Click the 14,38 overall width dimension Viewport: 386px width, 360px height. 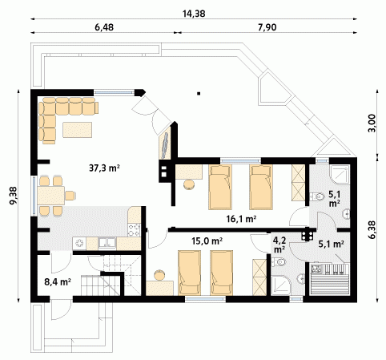click(194, 14)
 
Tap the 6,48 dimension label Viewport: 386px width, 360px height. click(104, 27)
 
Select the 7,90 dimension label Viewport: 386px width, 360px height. click(267, 27)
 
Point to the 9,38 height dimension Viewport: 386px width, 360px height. click(13, 196)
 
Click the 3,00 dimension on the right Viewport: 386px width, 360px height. click(372, 123)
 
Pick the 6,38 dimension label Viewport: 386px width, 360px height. click(372, 229)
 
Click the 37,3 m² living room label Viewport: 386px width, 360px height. click(104, 168)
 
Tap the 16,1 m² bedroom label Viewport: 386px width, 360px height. click(241, 219)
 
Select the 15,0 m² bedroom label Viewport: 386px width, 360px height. click(207, 241)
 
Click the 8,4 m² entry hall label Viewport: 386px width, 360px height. click(58, 281)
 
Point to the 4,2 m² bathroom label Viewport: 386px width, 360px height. click(279, 245)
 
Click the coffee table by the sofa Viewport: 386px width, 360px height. click(78, 130)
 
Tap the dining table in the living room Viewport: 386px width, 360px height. click(51, 196)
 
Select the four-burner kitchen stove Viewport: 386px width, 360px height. click(134, 230)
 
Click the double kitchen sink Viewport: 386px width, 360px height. click(107, 243)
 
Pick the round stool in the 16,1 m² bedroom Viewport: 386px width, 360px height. click(190, 184)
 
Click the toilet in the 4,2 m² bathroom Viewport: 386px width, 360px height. click(279, 261)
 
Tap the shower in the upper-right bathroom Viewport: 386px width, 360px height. click(340, 175)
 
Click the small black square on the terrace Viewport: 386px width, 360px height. click(199, 94)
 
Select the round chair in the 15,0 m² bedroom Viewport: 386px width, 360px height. click(160, 275)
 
